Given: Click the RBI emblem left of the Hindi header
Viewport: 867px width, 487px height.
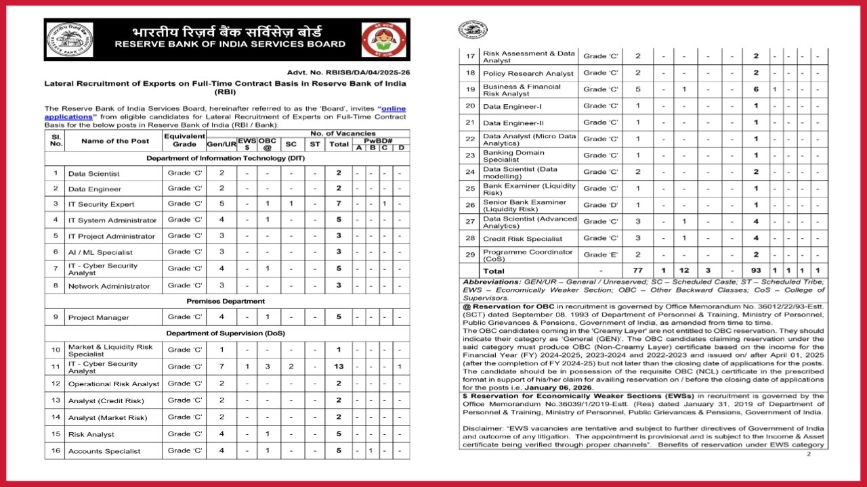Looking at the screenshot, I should tap(70, 40).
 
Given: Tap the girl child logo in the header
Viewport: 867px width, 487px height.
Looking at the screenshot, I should tap(383, 40).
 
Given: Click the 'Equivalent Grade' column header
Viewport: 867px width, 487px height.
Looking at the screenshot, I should tap(184, 141).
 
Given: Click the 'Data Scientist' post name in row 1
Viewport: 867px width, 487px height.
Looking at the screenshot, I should tap(93, 174).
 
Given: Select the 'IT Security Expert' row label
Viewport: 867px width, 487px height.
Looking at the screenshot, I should tap(101, 204).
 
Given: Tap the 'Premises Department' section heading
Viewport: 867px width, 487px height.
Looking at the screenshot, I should tap(227, 301).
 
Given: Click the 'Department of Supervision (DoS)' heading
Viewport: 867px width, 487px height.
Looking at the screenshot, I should tap(227, 333).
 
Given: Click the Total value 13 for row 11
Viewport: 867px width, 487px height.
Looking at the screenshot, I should tap(339, 367).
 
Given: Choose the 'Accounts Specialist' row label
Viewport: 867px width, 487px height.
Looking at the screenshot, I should tap(104, 451).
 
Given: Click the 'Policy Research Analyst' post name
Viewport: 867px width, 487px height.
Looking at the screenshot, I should tap(528, 73).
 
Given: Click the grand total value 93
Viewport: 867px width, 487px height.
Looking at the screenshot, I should tap(756, 271).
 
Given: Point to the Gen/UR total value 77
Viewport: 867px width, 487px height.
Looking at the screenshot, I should tap(638, 271).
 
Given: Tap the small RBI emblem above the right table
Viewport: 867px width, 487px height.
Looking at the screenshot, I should tap(473, 29).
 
